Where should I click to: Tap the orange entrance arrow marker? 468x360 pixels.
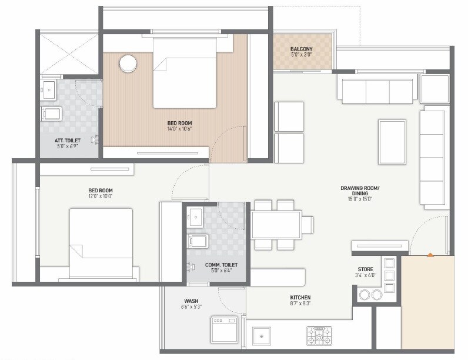tap(430, 255)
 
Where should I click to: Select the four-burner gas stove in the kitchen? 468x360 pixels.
tap(319, 336)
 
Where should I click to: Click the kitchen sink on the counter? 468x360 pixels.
tap(262, 336)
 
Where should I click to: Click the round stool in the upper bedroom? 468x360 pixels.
tap(128, 64)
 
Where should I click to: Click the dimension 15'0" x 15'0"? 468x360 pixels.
tap(360, 199)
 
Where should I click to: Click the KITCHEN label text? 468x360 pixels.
tap(300, 297)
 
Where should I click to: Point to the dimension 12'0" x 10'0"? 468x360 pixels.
tap(100, 197)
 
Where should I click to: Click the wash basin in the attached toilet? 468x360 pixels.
tap(47, 91)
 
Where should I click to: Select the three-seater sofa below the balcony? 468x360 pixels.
tap(376, 91)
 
